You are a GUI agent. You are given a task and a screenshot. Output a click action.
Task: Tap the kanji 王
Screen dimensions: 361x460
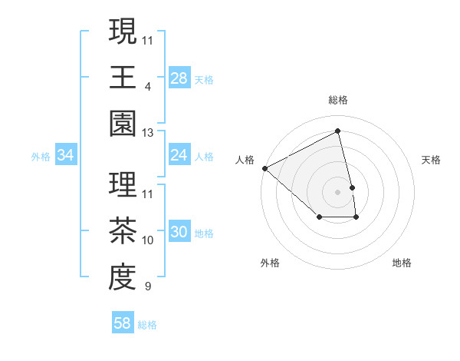[123, 78]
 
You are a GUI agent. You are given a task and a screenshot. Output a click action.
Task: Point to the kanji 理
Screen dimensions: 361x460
[123, 185]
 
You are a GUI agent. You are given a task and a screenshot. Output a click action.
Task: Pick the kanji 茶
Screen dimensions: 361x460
[123, 231]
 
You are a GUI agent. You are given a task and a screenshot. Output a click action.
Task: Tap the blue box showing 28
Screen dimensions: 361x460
[179, 78]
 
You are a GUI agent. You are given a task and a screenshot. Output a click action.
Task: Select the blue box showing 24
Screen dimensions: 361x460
[179, 155]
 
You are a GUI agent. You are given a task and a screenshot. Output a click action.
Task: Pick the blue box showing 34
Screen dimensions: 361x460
[66, 155]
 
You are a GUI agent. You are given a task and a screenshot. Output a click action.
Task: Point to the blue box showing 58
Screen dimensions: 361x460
[123, 323]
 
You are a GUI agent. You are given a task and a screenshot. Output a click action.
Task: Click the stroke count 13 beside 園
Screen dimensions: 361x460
[147, 133]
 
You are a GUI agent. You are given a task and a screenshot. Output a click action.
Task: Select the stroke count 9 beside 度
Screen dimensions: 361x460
[147, 287]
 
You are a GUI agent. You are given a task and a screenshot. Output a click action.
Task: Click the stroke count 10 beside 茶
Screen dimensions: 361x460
[148, 240]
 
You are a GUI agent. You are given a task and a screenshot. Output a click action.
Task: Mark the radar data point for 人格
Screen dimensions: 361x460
[264, 168]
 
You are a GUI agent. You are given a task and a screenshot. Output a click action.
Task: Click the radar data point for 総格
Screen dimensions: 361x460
[338, 131]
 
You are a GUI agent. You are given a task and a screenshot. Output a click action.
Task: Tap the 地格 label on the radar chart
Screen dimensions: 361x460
[402, 263]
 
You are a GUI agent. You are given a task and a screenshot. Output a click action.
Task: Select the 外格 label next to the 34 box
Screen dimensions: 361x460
[41, 156]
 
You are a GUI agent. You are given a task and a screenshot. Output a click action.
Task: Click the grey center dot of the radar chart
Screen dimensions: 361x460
[338, 191]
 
